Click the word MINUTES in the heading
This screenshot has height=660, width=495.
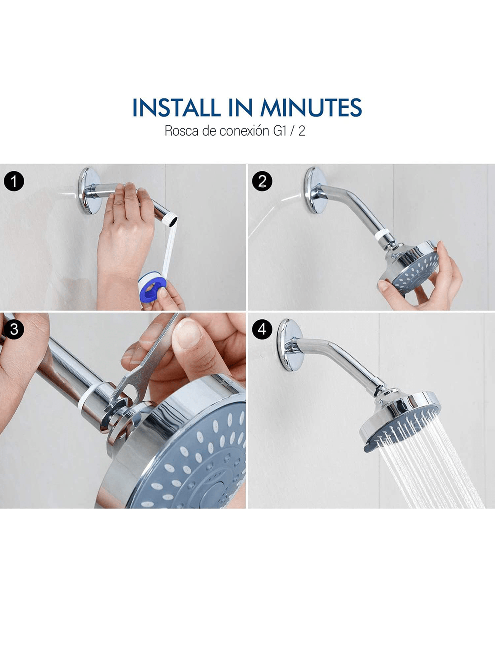(311, 108)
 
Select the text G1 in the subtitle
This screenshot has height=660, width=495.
(280, 131)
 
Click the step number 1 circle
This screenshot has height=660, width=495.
(14, 182)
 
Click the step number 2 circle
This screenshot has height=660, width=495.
(262, 182)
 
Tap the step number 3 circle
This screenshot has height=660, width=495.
(14, 329)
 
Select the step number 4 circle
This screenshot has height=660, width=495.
(262, 329)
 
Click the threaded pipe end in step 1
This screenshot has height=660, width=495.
(172, 221)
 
